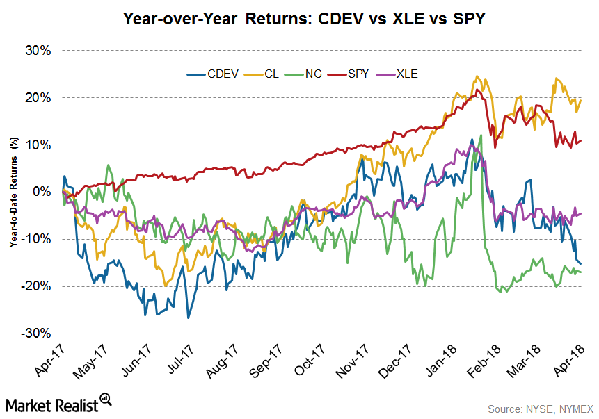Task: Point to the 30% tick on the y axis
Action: coord(39,51)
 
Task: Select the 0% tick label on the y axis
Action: coord(42,192)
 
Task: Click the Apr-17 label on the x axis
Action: coord(51,360)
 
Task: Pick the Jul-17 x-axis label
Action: coord(182,360)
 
